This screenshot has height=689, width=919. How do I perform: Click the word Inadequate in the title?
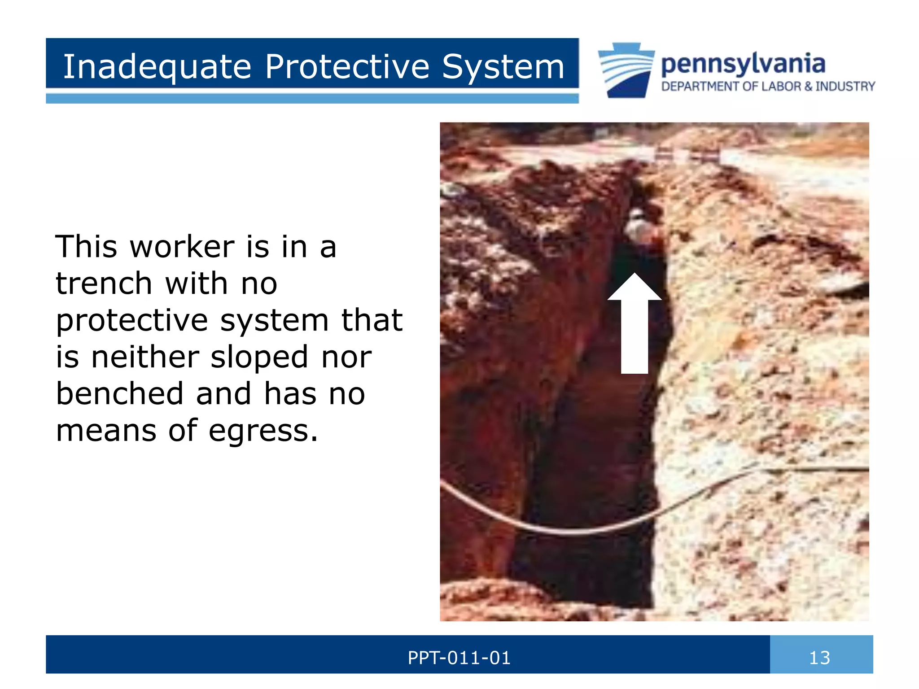(157, 66)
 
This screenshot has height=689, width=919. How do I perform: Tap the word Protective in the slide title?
(347, 66)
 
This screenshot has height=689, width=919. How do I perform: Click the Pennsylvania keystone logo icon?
(626, 70)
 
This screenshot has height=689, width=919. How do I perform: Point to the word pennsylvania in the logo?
(743, 64)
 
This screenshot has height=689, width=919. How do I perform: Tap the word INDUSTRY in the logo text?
(845, 86)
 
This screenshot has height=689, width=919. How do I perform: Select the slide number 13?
(819, 658)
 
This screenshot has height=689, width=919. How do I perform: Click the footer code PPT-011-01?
(459, 658)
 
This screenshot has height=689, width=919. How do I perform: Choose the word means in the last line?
(106, 431)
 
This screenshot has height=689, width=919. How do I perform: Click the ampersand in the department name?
(808, 86)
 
